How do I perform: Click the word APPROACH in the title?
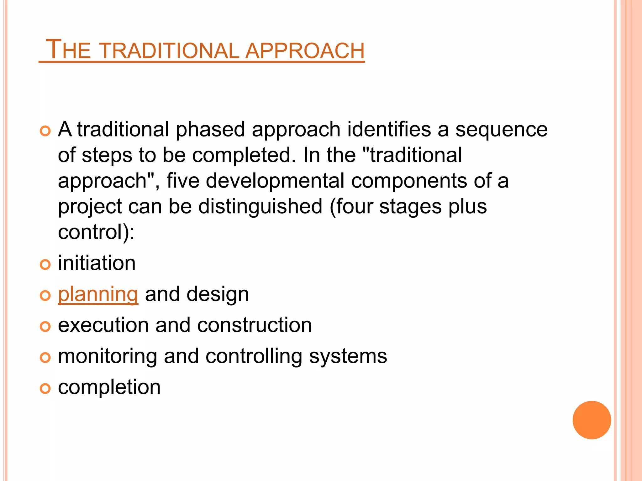(305, 50)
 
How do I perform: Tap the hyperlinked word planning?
(98, 294)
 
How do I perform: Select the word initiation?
(97, 263)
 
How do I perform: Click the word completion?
(109, 387)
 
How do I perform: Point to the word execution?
(103, 325)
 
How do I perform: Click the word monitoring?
(107, 356)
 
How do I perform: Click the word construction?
(254, 325)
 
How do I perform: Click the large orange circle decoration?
(592, 420)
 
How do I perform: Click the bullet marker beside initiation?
(45, 265)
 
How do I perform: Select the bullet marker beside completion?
(45, 389)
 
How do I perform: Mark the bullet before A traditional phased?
(45, 131)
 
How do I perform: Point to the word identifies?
(389, 129)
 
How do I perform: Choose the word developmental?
(275, 181)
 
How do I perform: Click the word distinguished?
(260, 207)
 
